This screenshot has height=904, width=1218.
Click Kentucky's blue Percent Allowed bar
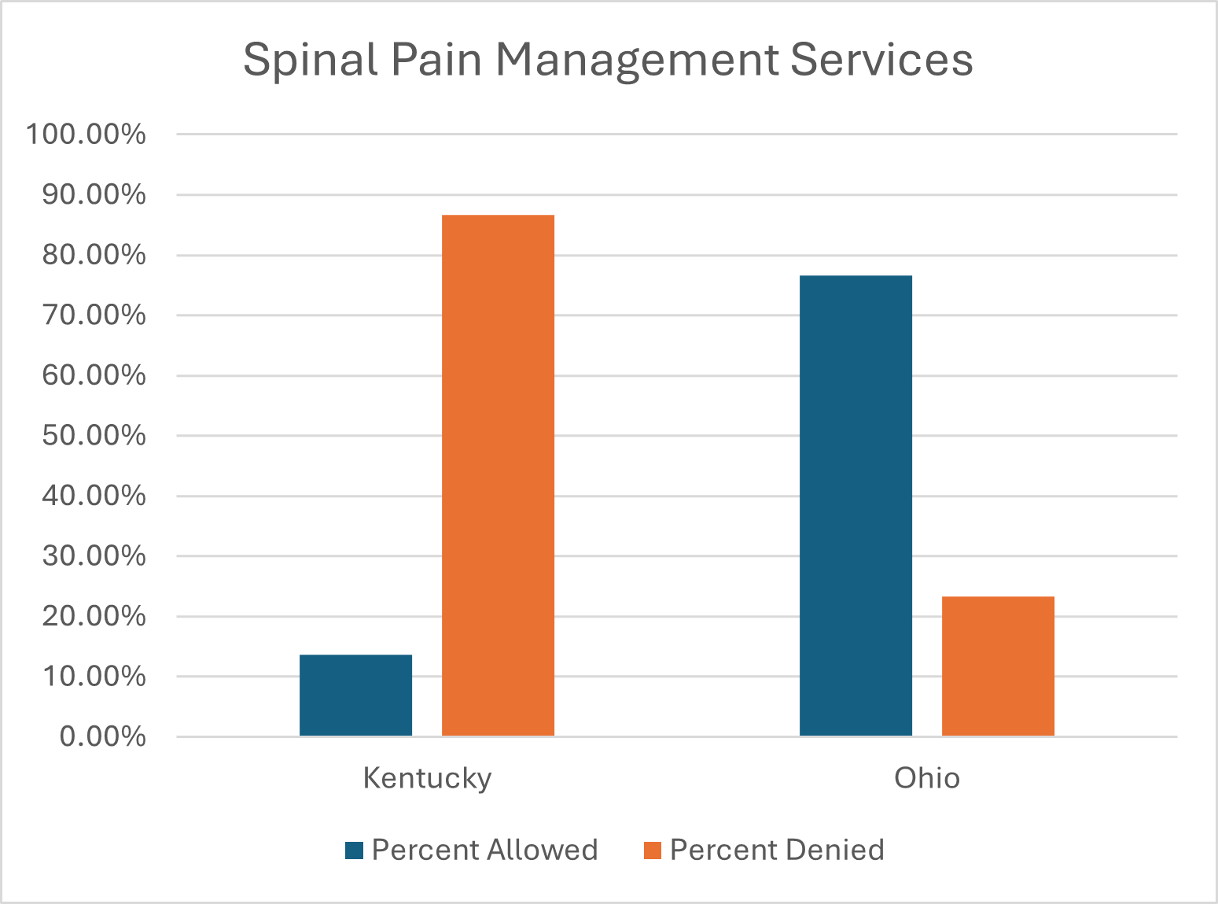pyautogui.click(x=355, y=696)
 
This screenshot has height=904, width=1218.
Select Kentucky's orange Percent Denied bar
pyautogui.click(x=498, y=475)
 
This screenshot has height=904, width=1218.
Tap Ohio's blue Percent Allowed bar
pyautogui.click(x=856, y=505)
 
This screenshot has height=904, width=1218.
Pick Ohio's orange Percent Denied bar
pyautogui.click(x=998, y=666)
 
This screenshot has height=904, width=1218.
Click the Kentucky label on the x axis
pyautogui.click(x=427, y=778)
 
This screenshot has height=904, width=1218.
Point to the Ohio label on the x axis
pyautogui.click(x=927, y=778)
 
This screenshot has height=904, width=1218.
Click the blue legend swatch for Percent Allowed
pyautogui.click(x=354, y=850)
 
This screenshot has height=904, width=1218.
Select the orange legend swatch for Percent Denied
pyautogui.click(x=653, y=850)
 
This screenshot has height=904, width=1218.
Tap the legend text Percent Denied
pyautogui.click(x=777, y=850)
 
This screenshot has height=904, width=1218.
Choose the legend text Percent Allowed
pyautogui.click(x=484, y=850)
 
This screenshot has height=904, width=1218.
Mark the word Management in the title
pyautogui.click(x=636, y=60)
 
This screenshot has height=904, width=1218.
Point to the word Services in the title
pyautogui.click(x=881, y=60)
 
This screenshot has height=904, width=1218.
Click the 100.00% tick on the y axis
pyautogui.click(x=86, y=135)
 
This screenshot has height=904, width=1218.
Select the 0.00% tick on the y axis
pyautogui.click(x=102, y=737)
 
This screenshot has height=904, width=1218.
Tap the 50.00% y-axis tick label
pyautogui.click(x=94, y=436)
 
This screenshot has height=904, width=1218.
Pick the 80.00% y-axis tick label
pyautogui.click(x=94, y=256)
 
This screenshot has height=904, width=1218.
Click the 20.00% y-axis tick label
pyautogui.click(x=94, y=617)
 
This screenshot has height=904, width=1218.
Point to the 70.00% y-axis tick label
pyautogui.click(x=94, y=315)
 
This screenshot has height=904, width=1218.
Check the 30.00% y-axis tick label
pyautogui.click(x=94, y=556)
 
